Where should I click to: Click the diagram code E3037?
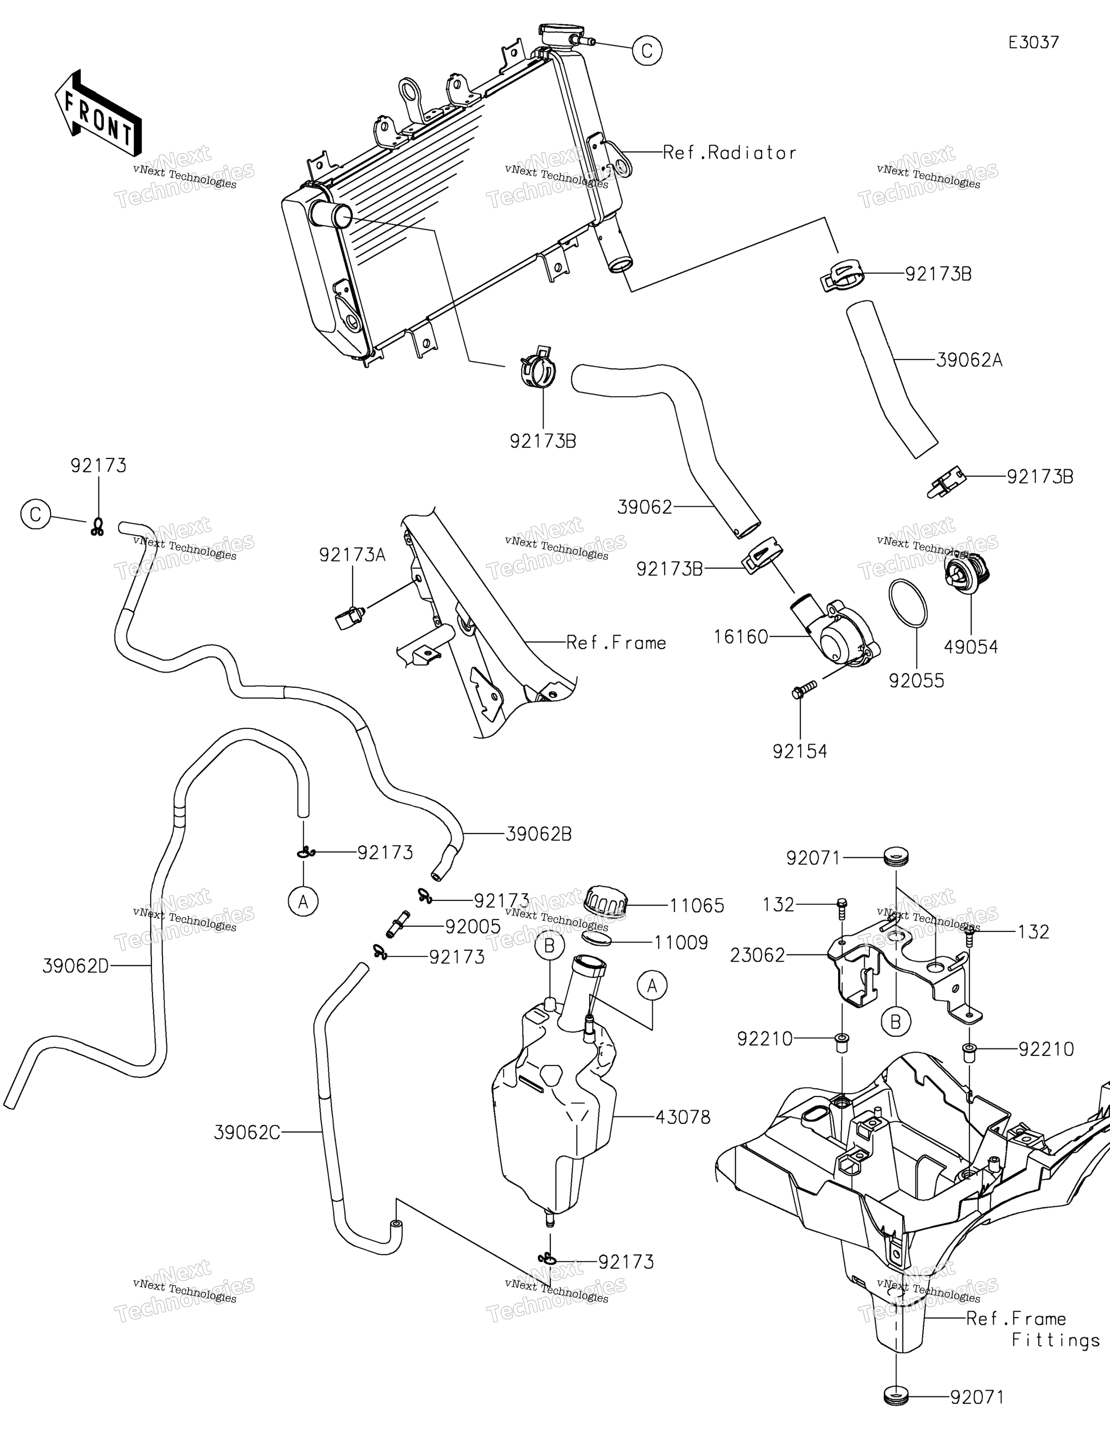(1034, 43)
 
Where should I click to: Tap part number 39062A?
(969, 361)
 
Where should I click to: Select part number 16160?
(741, 637)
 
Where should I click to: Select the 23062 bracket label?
(757, 955)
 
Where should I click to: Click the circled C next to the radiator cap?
(647, 50)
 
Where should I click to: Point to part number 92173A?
(352, 555)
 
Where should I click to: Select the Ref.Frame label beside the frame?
(616, 643)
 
